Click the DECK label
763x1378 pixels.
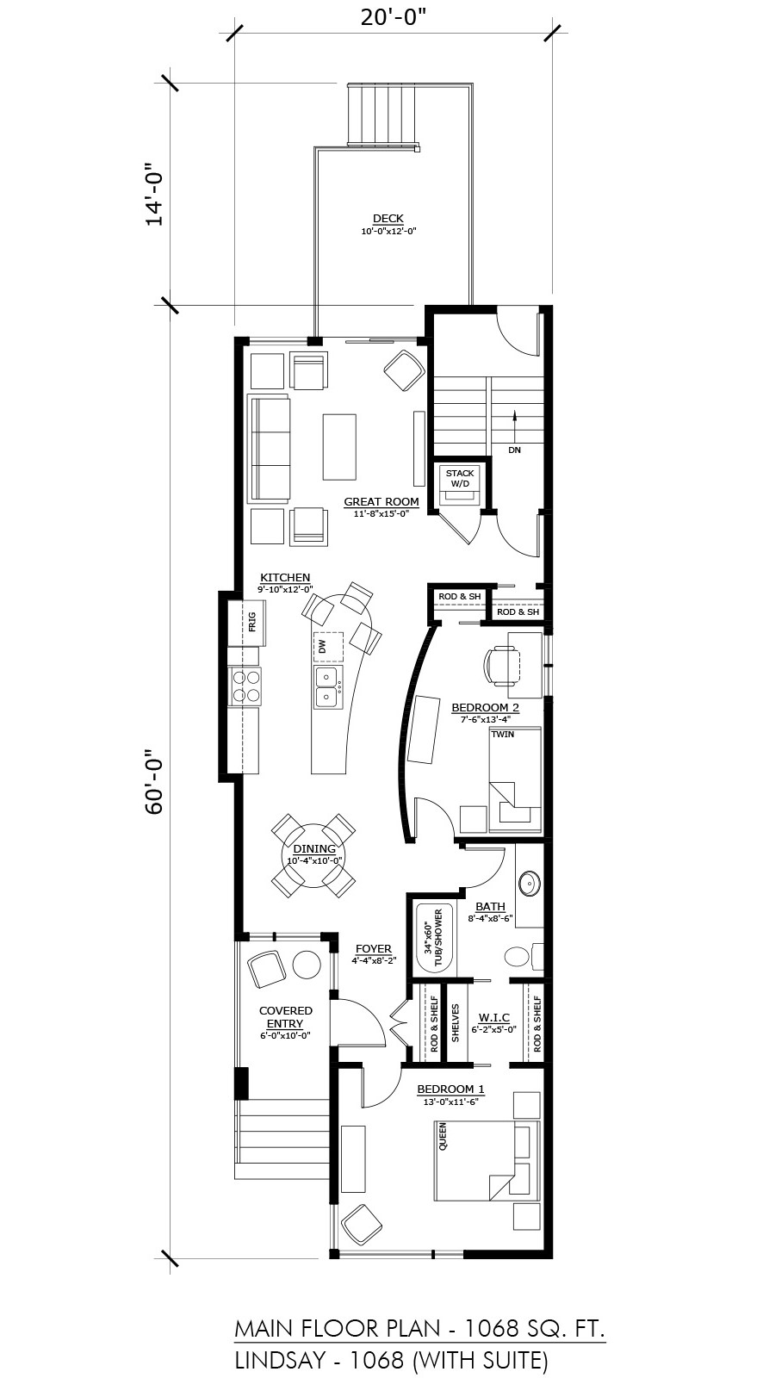pyautogui.click(x=388, y=219)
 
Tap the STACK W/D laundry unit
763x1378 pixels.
pyautogui.click(x=460, y=486)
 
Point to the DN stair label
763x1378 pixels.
pyautogui.click(x=514, y=450)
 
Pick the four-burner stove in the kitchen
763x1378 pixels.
pyautogui.click(x=245, y=686)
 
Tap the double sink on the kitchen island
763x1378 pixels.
pyautogui.click(x=327, y=687)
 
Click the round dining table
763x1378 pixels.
pyautogui.click(x=313, y=855)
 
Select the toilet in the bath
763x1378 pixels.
pyautogui.click(x=523, y=957)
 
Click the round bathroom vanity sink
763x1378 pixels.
pyautogui.click(x=529, y=884)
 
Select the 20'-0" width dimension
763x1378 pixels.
pyautogui.click(x=394, y=17)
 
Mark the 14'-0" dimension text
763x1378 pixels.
pyautogui.click(x=154, y=195)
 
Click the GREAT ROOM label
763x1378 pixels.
pyautogui.click(x=381, y=502)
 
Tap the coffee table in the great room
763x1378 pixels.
pyautogui.click(x=339, y=447)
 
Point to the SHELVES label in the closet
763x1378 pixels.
pyautogui.click(x=456, y=1023)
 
